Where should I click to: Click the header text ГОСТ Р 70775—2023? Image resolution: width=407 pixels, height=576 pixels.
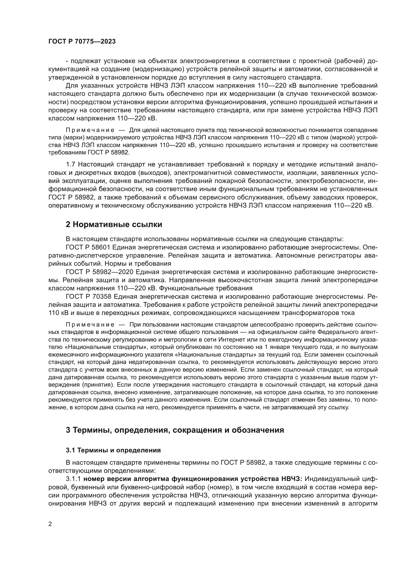pos(82,42)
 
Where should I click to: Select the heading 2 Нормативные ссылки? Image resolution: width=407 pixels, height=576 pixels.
pos(114,225)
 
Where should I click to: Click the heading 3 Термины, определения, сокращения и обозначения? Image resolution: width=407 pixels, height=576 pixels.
pos(175,430)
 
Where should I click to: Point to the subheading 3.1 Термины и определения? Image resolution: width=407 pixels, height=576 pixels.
pos(113,450)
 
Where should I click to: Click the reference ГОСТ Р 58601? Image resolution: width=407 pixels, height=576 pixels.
pos(88,247)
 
